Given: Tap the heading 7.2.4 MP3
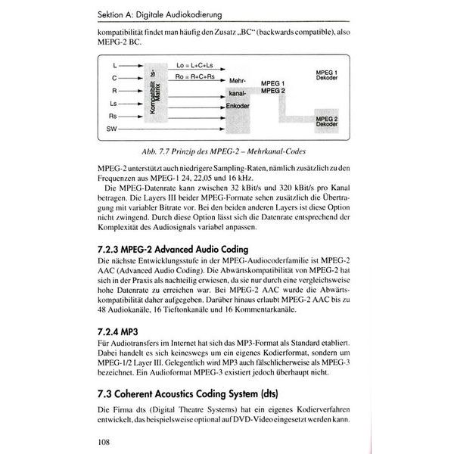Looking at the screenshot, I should coord(117,330).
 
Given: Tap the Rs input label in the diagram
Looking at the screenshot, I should coord(113,117).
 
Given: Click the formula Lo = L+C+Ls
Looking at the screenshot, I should coord(194,66).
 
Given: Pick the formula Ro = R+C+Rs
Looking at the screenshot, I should coord(194,77).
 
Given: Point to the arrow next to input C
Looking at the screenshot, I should coord(129,78).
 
